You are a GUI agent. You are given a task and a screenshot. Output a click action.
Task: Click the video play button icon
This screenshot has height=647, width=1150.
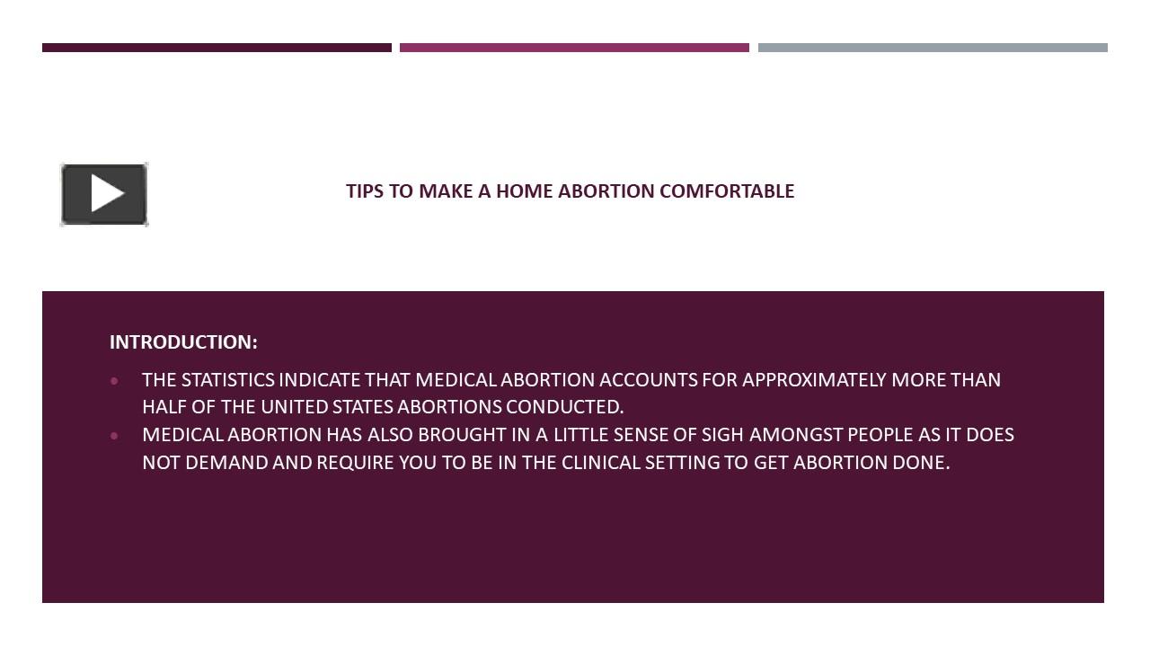point(104,194)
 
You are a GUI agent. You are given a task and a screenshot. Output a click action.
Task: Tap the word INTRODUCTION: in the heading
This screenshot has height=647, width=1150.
point(183,342)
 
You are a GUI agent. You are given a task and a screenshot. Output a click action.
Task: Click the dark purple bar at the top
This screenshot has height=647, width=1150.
point(217,48)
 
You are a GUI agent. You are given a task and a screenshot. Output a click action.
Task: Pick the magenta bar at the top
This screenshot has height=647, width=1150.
point(574,48)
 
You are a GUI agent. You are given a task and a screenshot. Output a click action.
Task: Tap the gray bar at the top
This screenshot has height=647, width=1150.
point(933,48)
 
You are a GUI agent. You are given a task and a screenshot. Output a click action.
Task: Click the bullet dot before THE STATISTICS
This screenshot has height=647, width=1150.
point(114,381)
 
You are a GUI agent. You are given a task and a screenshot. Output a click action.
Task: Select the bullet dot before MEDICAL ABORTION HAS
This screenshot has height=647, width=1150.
point(114,436)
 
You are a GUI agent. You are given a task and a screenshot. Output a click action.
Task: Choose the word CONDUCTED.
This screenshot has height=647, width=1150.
point(565,407)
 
